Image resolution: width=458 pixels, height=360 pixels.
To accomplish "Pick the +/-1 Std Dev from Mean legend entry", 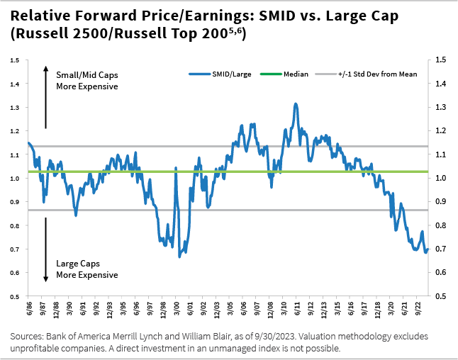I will [x=375, y=74].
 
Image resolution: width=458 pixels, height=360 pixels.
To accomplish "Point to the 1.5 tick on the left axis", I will [x=14, y=60].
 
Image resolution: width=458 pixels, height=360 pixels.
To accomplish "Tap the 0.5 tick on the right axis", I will [x=441, y=296].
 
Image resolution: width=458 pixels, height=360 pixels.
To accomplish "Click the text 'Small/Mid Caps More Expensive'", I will [x=87, y=79].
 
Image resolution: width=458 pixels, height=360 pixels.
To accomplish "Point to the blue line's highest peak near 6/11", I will [x=295, y=104].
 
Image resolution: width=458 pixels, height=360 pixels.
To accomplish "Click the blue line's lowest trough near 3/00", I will [x=179, y=256].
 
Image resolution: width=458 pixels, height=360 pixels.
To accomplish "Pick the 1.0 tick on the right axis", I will [x=441, y=178].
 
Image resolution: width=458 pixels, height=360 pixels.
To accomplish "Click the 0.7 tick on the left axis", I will [x=14, y=249].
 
